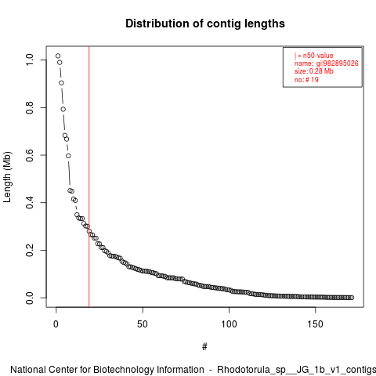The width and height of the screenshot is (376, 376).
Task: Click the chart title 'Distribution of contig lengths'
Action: (205, 23)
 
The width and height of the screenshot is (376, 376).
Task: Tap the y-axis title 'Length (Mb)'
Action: (7, 177)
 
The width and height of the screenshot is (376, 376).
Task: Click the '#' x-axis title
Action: (204, 347)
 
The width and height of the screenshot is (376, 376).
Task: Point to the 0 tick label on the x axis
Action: (56, 324)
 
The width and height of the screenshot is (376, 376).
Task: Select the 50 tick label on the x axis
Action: (143, 324)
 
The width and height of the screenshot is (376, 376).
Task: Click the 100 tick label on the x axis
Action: (229, 324)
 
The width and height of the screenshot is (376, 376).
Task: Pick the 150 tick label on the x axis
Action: (315, 324)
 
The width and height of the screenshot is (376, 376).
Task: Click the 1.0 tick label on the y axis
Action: (30, 60)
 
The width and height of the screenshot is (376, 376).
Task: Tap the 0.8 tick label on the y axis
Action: (30, 107)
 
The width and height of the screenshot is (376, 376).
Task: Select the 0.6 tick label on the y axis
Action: (30, 155)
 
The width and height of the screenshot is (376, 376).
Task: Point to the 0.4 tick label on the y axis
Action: (30, 203)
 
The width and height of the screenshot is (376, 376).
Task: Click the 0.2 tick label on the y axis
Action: (30, 250)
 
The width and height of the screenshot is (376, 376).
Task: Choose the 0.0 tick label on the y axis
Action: (30, 298)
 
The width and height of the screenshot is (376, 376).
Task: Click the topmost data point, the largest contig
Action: (58, 56)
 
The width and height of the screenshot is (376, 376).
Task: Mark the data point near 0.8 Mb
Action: (63, 109)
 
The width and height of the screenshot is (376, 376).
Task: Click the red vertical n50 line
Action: (89, 176)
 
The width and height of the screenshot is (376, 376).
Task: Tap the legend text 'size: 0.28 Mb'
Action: (314, 71)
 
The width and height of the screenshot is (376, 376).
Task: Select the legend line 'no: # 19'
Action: (306, 79)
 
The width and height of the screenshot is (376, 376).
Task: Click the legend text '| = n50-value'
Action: (314, 56)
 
